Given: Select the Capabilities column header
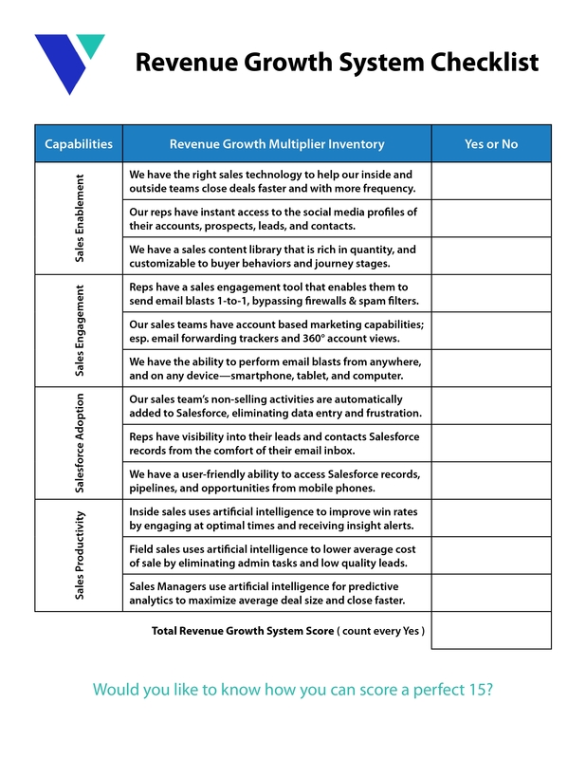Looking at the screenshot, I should point(79,144).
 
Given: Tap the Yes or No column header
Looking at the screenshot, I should point(490,144).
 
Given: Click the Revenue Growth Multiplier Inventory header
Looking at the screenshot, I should point(277,144).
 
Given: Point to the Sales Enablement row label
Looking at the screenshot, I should point(80,218).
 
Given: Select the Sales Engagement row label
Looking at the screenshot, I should point(80,330).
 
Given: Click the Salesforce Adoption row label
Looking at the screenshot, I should point(80,443).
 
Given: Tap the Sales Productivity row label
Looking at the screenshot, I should point(80,555).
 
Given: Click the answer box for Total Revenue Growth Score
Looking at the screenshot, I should point(490,631).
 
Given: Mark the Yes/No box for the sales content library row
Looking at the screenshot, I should point(490,256).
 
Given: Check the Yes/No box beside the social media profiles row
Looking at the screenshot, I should point(490,218).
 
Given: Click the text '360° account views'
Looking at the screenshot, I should point(368,338).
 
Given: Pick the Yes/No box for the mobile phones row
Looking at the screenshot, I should point(490,480).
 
